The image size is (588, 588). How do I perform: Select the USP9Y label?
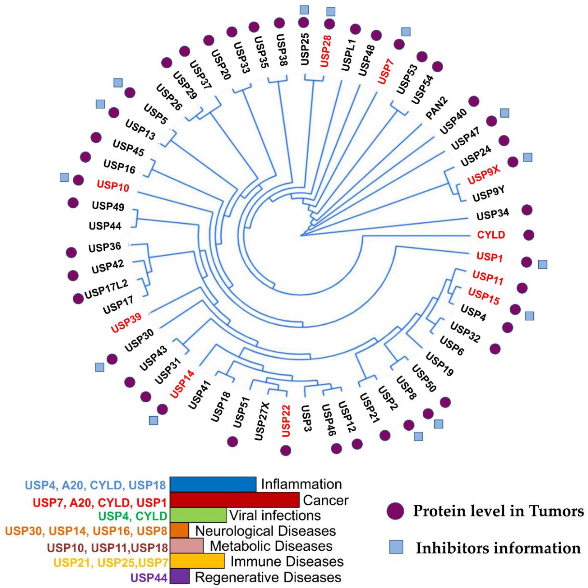[488, 194]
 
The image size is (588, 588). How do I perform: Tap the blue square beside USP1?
[543, 264]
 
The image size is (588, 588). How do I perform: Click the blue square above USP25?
[304, 10]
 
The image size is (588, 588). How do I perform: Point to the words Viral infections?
[275, 515]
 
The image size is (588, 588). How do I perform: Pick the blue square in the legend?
[396, 547]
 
